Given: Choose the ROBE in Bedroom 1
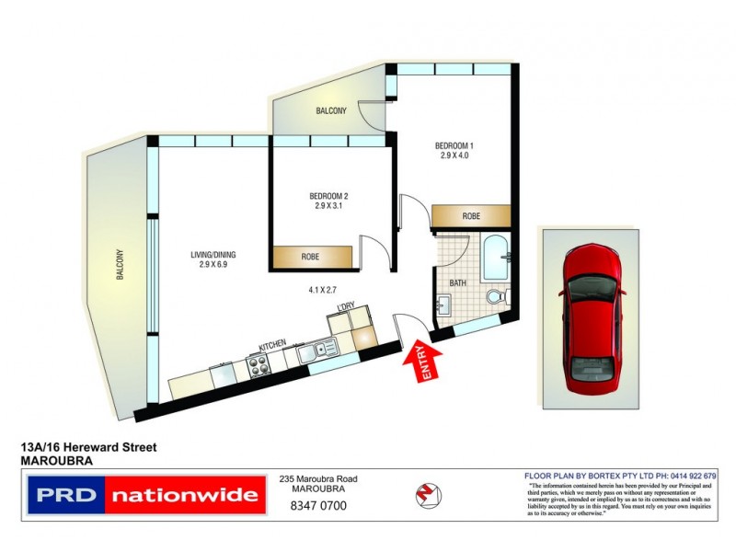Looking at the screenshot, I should coord(471,214).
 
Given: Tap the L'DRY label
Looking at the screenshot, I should coord(346,305).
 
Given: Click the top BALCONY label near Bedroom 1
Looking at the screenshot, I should coord(331,111).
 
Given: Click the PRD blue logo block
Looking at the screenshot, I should coord(65,496).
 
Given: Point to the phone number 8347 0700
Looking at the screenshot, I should coord(318,505).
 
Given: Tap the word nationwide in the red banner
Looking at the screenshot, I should coord(184,496).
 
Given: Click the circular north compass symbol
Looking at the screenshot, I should coord(425,494).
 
